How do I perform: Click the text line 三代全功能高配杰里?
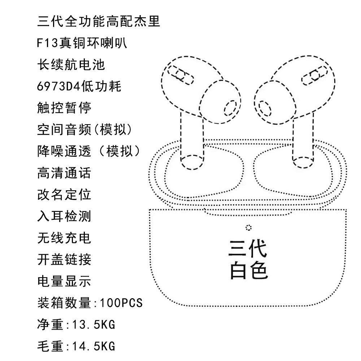99,22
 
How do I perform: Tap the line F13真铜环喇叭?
82,43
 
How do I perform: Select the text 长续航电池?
71,65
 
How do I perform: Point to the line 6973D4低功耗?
79,87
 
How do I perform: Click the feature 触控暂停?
64,108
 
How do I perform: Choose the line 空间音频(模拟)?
85,130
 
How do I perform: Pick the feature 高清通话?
64,173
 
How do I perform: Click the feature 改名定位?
64,195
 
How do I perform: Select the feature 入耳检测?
64,216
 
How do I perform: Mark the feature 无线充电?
64,238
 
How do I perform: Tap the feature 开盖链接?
64,260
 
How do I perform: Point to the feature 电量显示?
64,281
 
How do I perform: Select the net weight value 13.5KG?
93,325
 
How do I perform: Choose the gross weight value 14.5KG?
93,346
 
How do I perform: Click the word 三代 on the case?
248,248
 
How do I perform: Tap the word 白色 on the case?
248,270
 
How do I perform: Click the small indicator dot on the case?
248,227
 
